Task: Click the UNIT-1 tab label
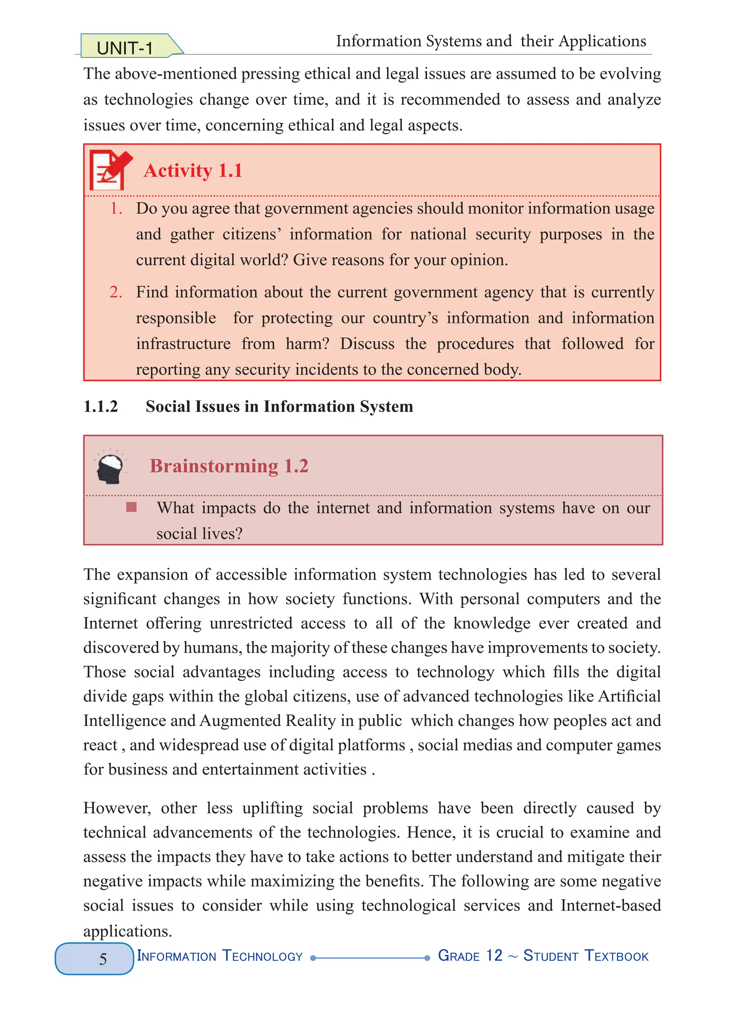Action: (125, 48)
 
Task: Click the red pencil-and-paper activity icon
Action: (110, 170)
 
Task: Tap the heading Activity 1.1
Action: (193, 170)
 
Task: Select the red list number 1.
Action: (116, 209)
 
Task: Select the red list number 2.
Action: (116, 292)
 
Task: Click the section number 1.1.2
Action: (101, 406)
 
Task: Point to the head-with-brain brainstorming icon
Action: (110, 468)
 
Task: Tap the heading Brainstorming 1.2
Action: (229, 466)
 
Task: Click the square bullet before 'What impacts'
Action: (131, 507)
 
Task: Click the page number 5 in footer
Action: (103, 959)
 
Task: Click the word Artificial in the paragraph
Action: (629, 696)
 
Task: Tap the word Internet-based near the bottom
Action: (611, 905)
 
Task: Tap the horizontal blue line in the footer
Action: (370, 958)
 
